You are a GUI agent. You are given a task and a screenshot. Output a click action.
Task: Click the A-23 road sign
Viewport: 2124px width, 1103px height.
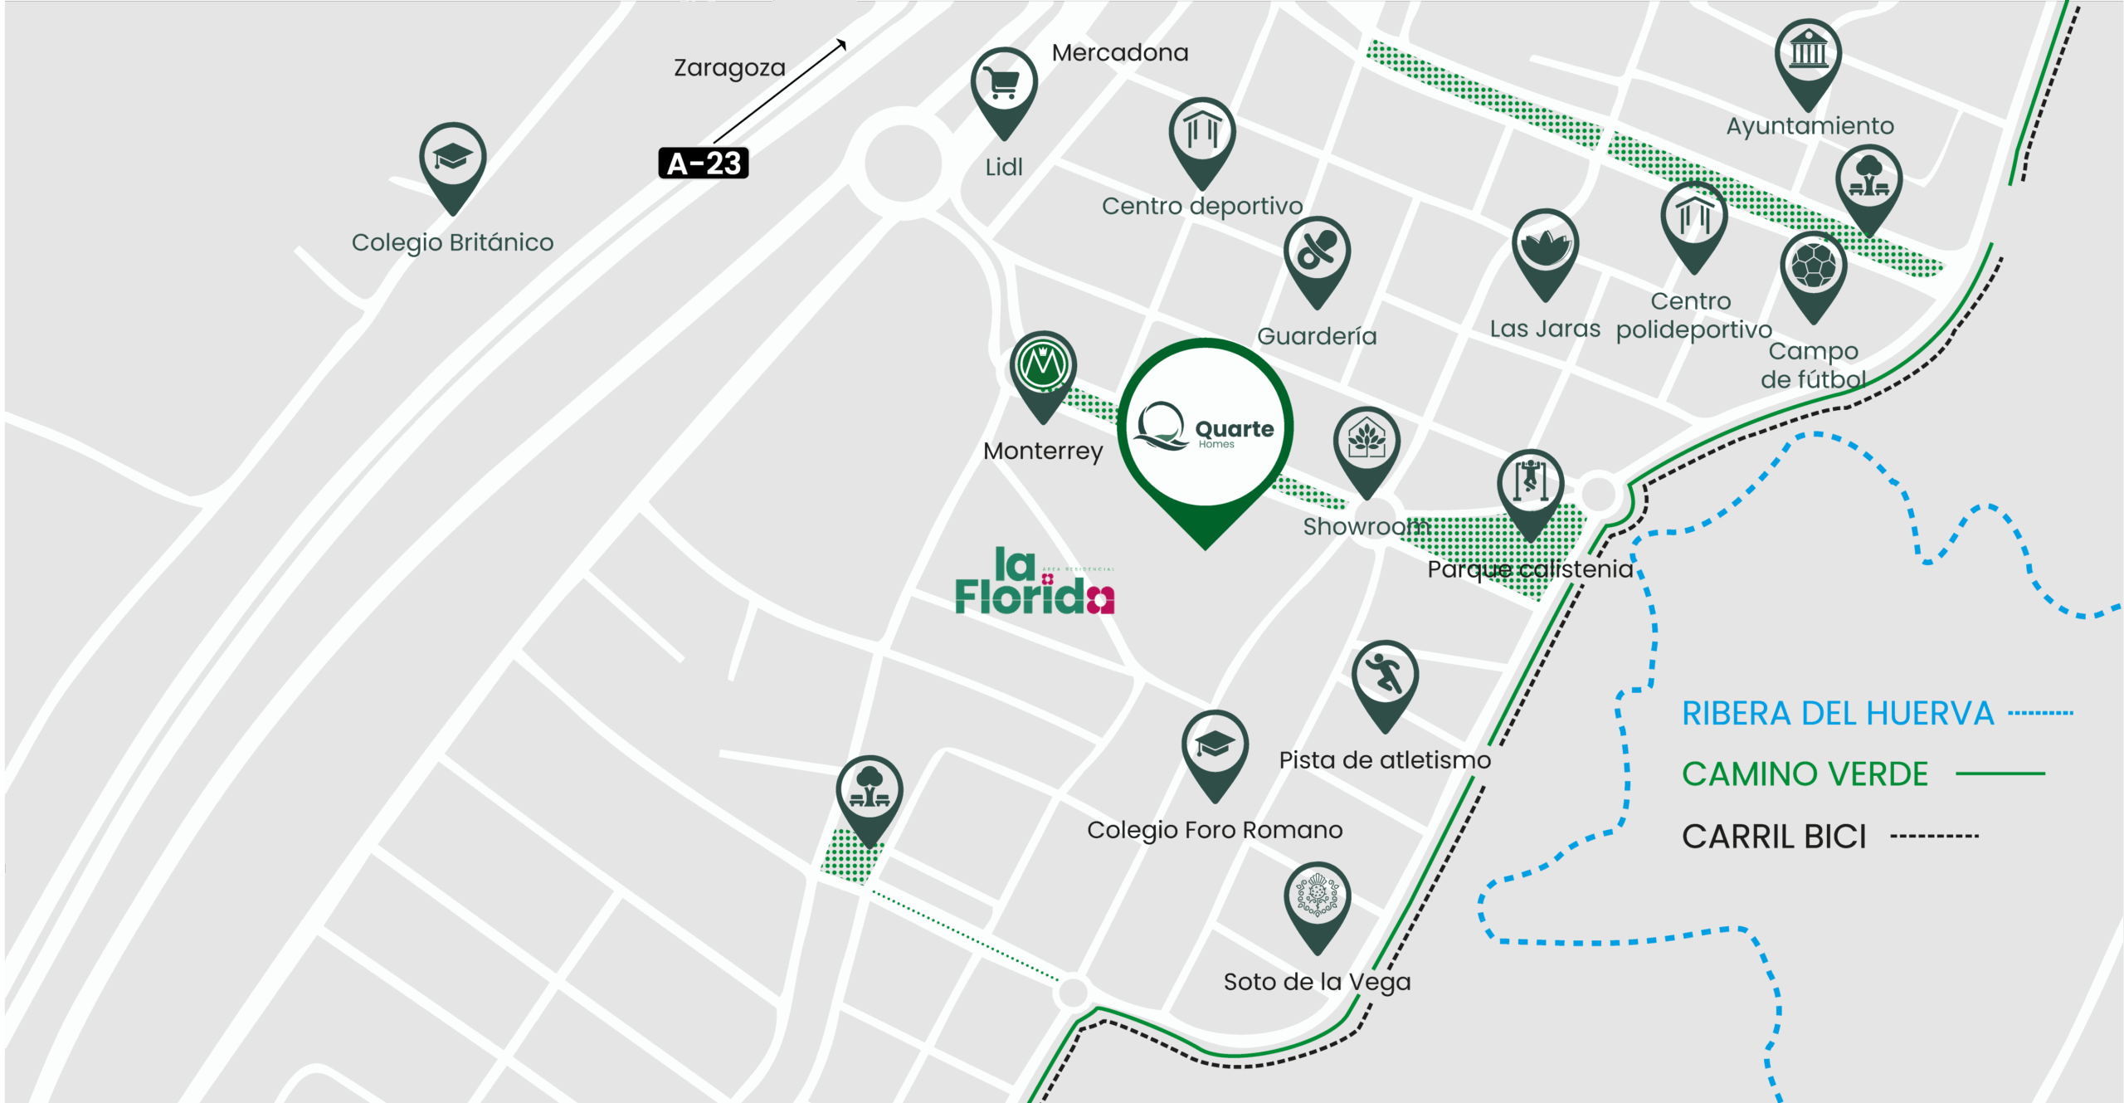tap(704, 163)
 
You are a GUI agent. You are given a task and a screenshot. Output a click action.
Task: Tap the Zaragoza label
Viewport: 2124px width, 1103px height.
tap(729, 67)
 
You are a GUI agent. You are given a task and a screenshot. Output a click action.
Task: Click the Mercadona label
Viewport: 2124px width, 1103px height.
tap(1120, 53)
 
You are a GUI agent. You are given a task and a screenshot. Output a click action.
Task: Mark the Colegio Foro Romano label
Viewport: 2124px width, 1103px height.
tap(1215, 830)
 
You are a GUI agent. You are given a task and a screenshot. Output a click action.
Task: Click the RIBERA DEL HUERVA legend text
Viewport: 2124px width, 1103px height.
tap(1838, 714)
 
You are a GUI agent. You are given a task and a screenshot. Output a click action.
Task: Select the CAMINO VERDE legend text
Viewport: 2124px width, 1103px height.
tap(1805, 774)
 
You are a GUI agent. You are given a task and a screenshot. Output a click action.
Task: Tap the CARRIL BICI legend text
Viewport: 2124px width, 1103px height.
tap(1774, 837)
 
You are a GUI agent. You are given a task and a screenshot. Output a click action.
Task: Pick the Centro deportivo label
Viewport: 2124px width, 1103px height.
tap(1202, 206)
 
